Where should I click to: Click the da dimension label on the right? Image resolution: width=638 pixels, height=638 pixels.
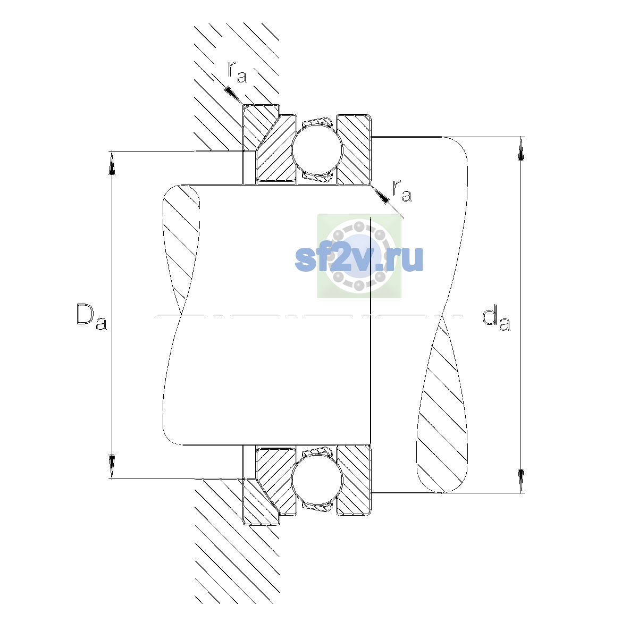[x=496, y=319]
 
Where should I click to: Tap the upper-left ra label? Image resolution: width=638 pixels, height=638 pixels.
[x=237, y=72]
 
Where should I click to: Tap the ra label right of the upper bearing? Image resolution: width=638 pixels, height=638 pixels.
[x=402, y=191]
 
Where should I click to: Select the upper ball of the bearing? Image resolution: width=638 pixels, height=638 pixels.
[x=317, y=149]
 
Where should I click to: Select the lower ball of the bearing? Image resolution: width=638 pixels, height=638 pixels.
[x=317, y=481]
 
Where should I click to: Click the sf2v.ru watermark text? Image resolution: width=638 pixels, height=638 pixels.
[x=359, y=259]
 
